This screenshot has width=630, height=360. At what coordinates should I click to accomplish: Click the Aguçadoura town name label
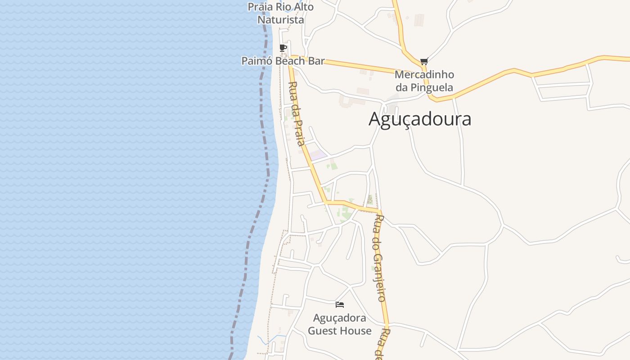[420, 119]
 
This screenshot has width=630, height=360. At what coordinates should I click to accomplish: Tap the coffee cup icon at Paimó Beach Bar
[283, 48]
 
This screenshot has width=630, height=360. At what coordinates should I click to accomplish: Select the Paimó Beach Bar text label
[283, 61]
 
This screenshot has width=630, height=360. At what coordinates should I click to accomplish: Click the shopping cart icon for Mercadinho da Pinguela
[423, 61]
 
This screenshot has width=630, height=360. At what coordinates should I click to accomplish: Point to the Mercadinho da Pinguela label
[424, 81]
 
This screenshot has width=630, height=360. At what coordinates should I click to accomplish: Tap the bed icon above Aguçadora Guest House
[340, 305]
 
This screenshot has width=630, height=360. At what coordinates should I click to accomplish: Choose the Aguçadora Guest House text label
[340, 324]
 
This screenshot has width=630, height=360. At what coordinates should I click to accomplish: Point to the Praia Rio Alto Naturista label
[281, 13]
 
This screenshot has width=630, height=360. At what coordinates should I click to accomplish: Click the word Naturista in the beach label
[281, 20]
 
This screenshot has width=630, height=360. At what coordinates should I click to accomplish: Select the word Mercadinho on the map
[424, 74]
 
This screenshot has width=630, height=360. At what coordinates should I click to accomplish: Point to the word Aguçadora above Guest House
[340, 318]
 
